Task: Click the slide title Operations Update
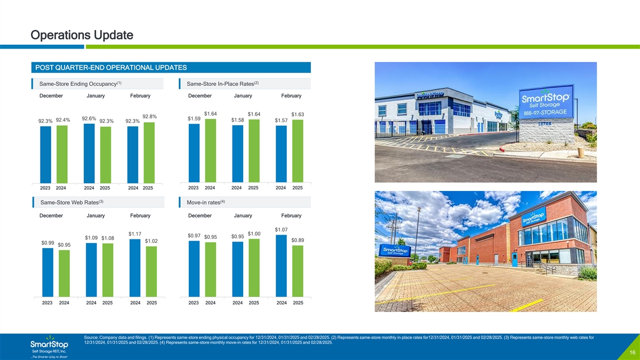(82, 35)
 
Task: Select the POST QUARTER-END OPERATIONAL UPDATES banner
(171, 67)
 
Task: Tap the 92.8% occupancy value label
(149, 117)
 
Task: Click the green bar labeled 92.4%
(62, 154)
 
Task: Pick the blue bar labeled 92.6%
(89, 154)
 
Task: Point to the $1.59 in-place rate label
(194, 118)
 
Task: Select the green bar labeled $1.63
(298, 151)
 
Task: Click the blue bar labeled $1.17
(135, 268)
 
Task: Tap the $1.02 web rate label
(151, 241)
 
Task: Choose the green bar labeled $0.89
(298, 271)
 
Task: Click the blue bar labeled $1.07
(281, 266)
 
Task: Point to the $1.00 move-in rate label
(254, 234)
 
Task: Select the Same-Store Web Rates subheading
(71, 202)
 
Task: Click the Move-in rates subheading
(206, 202)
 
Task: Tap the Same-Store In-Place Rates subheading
(222, 84)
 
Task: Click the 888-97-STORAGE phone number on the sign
(545, 113)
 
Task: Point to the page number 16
(633, 353)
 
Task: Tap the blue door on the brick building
(515, 259)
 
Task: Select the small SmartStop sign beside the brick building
(395, 251)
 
